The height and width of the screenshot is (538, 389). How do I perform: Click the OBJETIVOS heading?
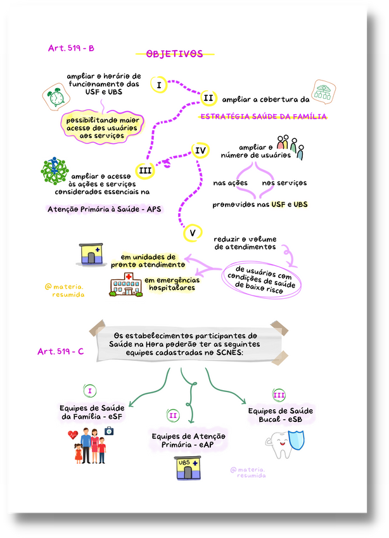(x=174, y=54)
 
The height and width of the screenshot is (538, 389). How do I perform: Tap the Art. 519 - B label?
(x=71, y=48)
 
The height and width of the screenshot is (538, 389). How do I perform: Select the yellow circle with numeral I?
(x=158, y=85)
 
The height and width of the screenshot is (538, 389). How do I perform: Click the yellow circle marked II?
(x=208, y=98)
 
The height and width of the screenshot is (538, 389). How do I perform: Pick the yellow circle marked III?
(x=145, y=171)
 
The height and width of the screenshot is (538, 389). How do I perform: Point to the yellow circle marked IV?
(x=200, y=150)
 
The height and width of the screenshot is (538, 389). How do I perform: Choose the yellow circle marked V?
(x=193, y=233)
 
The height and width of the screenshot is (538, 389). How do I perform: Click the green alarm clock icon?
(x=56, y=97)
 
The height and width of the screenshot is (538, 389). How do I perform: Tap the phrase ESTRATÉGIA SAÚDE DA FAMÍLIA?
(x=263, y=117)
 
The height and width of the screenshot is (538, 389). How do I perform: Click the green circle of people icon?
(x=54, y=171)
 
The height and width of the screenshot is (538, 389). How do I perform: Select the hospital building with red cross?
(x=126, y=285)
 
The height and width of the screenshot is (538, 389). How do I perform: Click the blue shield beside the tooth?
(x=297, y=440)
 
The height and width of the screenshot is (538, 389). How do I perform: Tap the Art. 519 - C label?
(x=61, y=351)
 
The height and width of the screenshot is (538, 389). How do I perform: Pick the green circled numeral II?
(x=173, y=416)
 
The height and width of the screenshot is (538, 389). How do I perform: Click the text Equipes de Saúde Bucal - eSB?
(x=281, y=415)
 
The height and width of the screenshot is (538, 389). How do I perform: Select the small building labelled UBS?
(x=188, y=468)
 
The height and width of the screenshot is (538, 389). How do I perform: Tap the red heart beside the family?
(x=73, y=435)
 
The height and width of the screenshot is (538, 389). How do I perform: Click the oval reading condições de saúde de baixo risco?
(x=261, y=279)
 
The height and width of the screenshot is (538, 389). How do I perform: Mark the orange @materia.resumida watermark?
(x=65, y=291)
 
